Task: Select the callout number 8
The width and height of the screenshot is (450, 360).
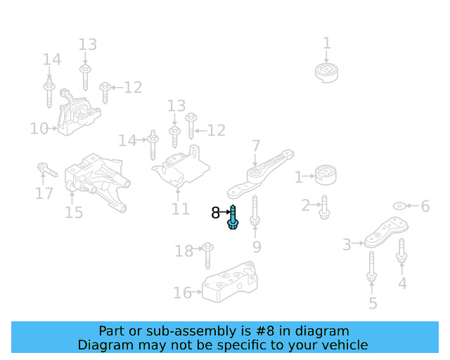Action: tap(215, 212)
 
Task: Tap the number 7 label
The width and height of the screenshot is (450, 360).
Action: tap(256, 146)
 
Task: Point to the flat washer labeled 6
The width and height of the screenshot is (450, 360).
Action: tap(399, 206)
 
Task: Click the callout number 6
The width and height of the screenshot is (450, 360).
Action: tap(425, 206)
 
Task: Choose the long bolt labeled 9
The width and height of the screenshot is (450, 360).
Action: tap(255, 211)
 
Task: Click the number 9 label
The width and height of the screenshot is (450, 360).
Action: tap(257, 246)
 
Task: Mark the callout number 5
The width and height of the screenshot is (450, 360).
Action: tap(373, 303)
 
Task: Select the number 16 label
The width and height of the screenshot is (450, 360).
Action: tap(181, 292)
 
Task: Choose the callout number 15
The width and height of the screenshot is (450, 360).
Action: tap(74, 212)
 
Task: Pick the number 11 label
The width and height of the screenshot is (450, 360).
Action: tap(181, 209)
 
